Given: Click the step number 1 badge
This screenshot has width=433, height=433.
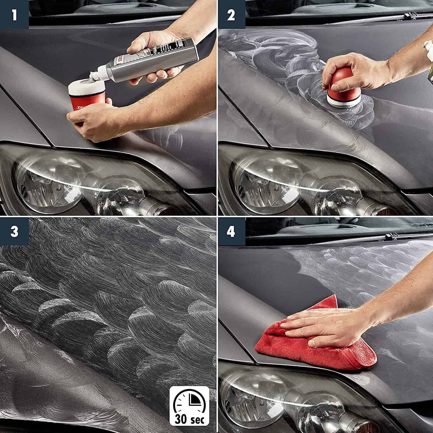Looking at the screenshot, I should tap(14, 14).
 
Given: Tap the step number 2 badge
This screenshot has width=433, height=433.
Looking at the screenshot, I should tap(231, 14).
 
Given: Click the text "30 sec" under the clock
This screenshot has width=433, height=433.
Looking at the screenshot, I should tap(189, 417).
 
